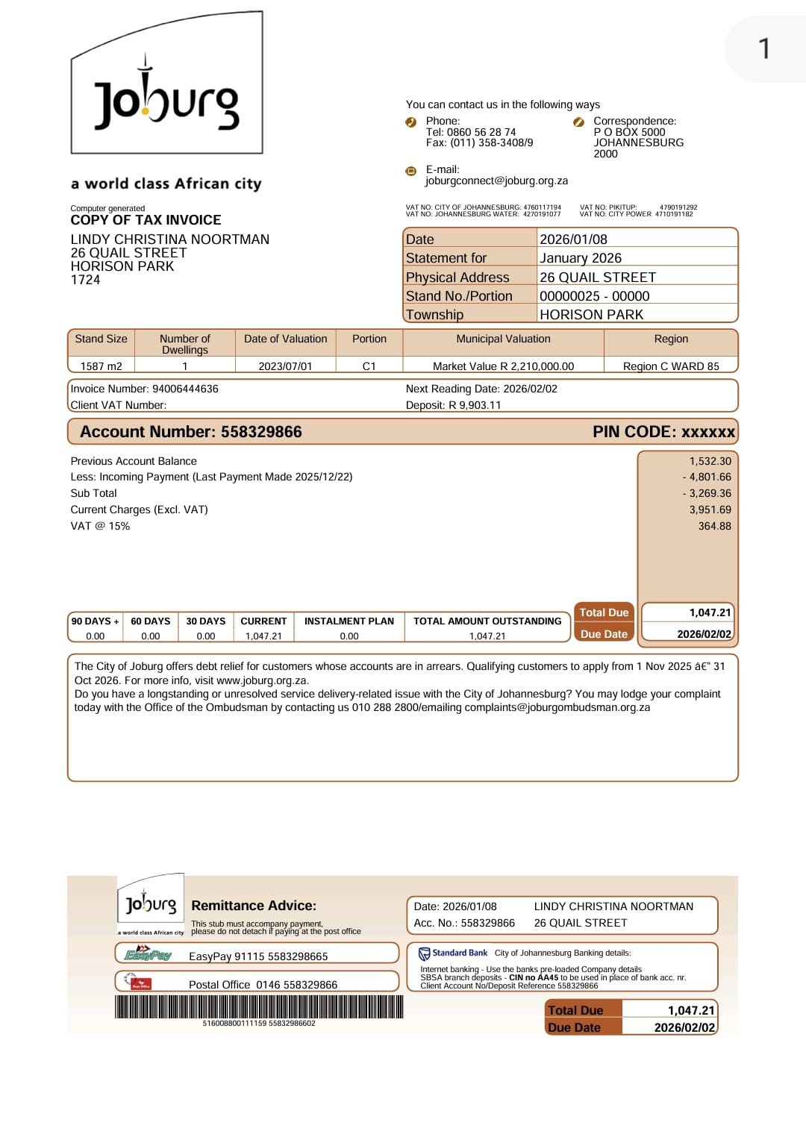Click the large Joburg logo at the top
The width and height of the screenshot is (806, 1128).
166,93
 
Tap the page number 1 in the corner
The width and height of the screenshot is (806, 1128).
763,49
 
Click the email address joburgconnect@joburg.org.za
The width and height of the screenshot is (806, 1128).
496,181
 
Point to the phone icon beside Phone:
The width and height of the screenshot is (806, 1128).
410,122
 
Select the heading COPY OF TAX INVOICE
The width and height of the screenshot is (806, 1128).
146,220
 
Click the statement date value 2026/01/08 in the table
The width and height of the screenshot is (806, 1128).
573,239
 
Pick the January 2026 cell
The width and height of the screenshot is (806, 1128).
580,258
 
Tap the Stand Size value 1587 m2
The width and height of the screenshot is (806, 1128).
101,366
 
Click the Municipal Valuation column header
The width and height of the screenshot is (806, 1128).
503,339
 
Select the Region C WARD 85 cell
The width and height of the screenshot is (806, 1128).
671,366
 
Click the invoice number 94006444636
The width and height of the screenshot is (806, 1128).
185,389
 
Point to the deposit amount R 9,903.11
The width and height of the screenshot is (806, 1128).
475,405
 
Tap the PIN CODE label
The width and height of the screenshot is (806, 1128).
634,432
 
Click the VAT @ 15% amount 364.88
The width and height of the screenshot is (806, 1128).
714,526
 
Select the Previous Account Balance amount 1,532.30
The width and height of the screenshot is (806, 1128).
710,461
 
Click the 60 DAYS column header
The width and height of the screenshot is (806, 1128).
150,621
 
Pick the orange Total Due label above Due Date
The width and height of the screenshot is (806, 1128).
604,612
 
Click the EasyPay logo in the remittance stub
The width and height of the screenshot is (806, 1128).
148,954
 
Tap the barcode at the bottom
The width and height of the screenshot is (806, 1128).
259,1007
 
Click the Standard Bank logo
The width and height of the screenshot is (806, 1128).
453,953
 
